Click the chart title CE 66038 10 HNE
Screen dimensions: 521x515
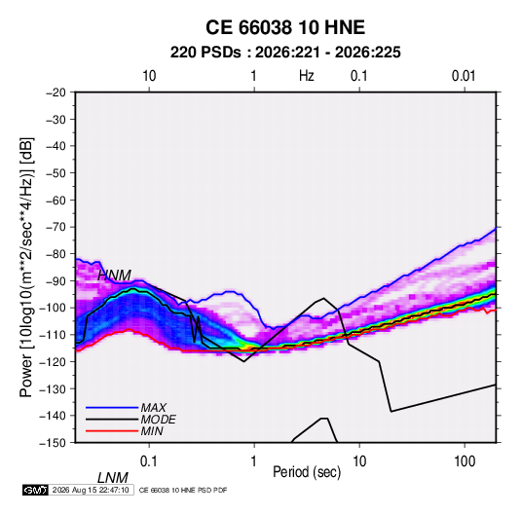coord(285,27)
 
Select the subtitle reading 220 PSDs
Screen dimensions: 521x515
coord(205,53)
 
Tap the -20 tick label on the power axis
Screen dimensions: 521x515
coord(56,92)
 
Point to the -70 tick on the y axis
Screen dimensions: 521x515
coord(56,227)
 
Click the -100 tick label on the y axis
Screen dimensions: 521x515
coord(54,308)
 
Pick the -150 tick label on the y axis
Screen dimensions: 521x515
coord(54,443)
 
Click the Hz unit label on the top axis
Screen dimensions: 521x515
coord(307,76)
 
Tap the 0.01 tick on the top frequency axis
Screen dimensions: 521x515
coord(464,76)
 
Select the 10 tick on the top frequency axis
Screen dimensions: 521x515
coord(149,76)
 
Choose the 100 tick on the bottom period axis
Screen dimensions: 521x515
coord(465,461)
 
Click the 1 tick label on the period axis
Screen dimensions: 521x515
coord(254,461)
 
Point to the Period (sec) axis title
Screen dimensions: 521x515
coord(307,472)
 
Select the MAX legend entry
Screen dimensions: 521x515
coord(153,408)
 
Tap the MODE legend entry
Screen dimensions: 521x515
coord(158,420)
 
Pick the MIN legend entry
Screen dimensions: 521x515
coord(152,431)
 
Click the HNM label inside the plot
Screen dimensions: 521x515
coord(114,276)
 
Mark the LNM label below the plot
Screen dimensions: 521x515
coord(113,478)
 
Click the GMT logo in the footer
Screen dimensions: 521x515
coord(36,490)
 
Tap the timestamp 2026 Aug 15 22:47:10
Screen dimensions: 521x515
coord(91,490)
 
